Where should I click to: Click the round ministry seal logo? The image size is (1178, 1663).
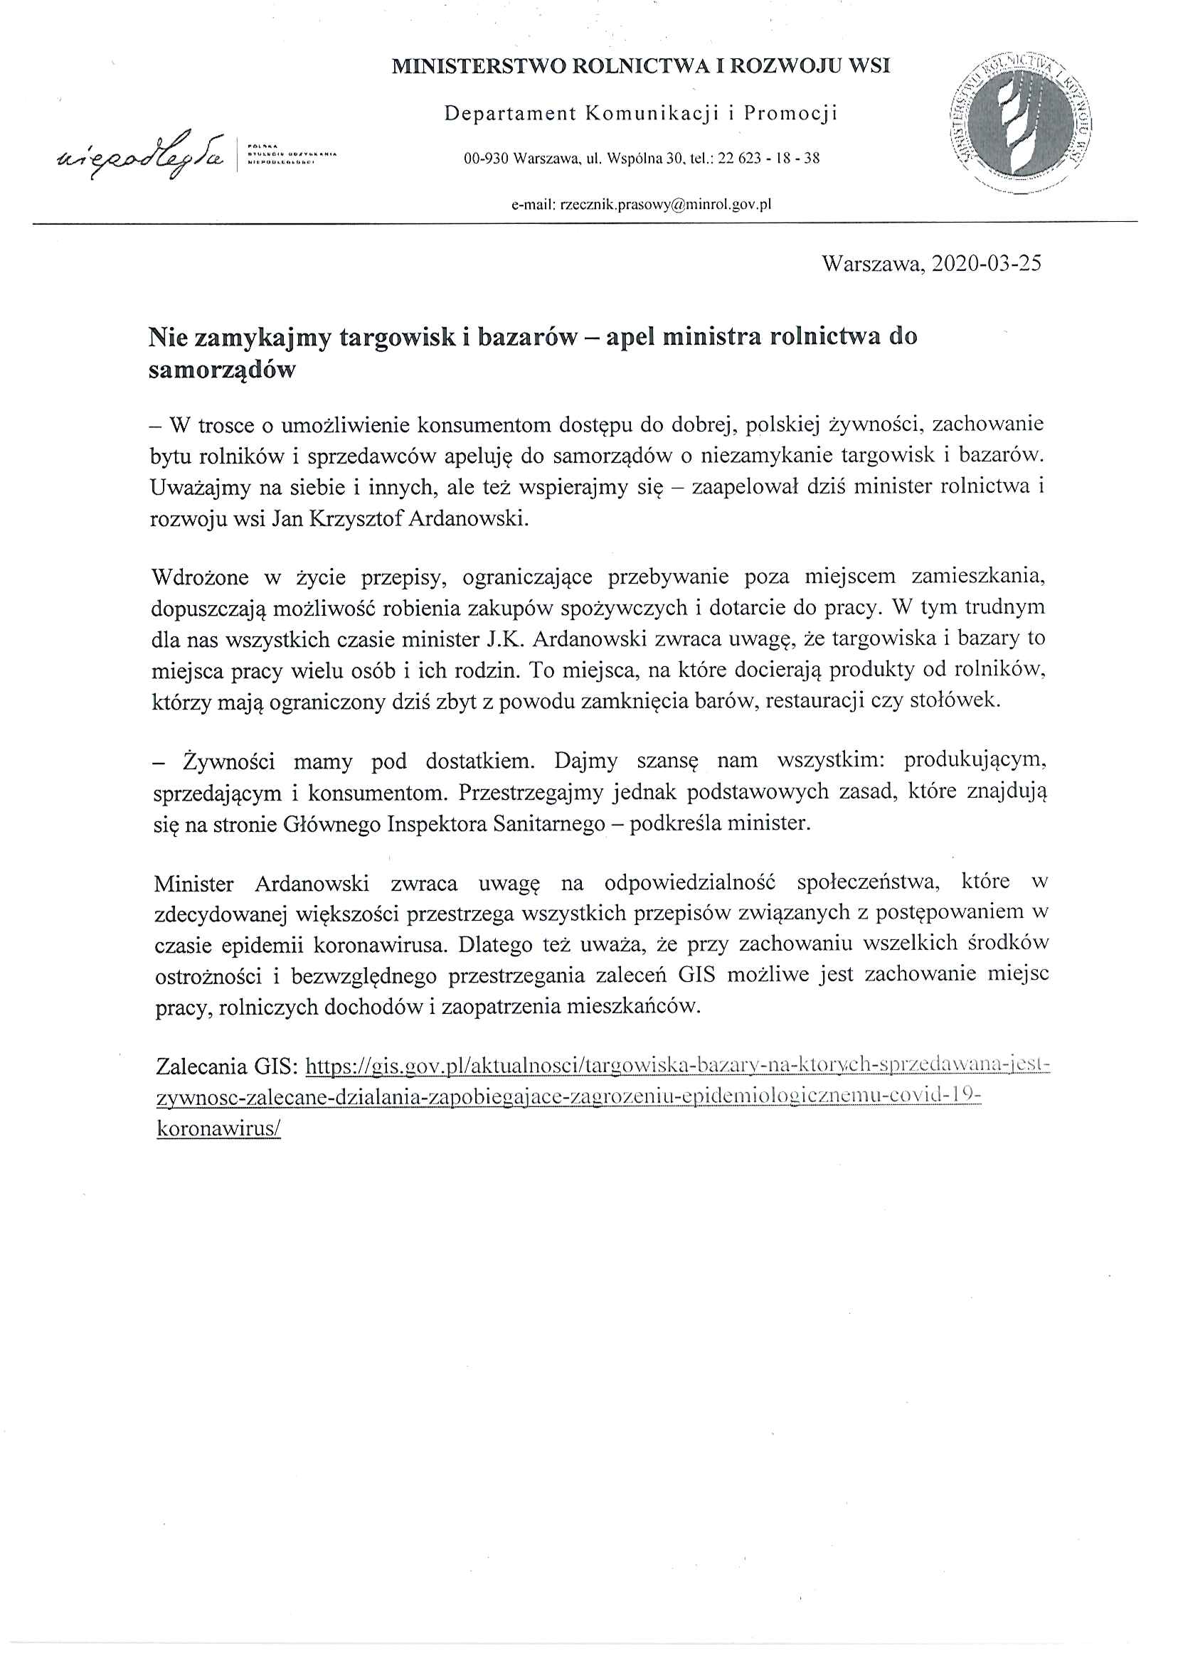point(1022,122)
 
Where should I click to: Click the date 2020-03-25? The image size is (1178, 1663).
point(986,263)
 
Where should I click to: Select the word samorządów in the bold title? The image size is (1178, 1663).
point(222,370)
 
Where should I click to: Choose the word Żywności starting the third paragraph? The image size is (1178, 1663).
point(228,762)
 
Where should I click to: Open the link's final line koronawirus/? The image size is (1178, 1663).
point(218,1130)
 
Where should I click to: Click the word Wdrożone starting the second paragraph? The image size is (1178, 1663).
point(199,578)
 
